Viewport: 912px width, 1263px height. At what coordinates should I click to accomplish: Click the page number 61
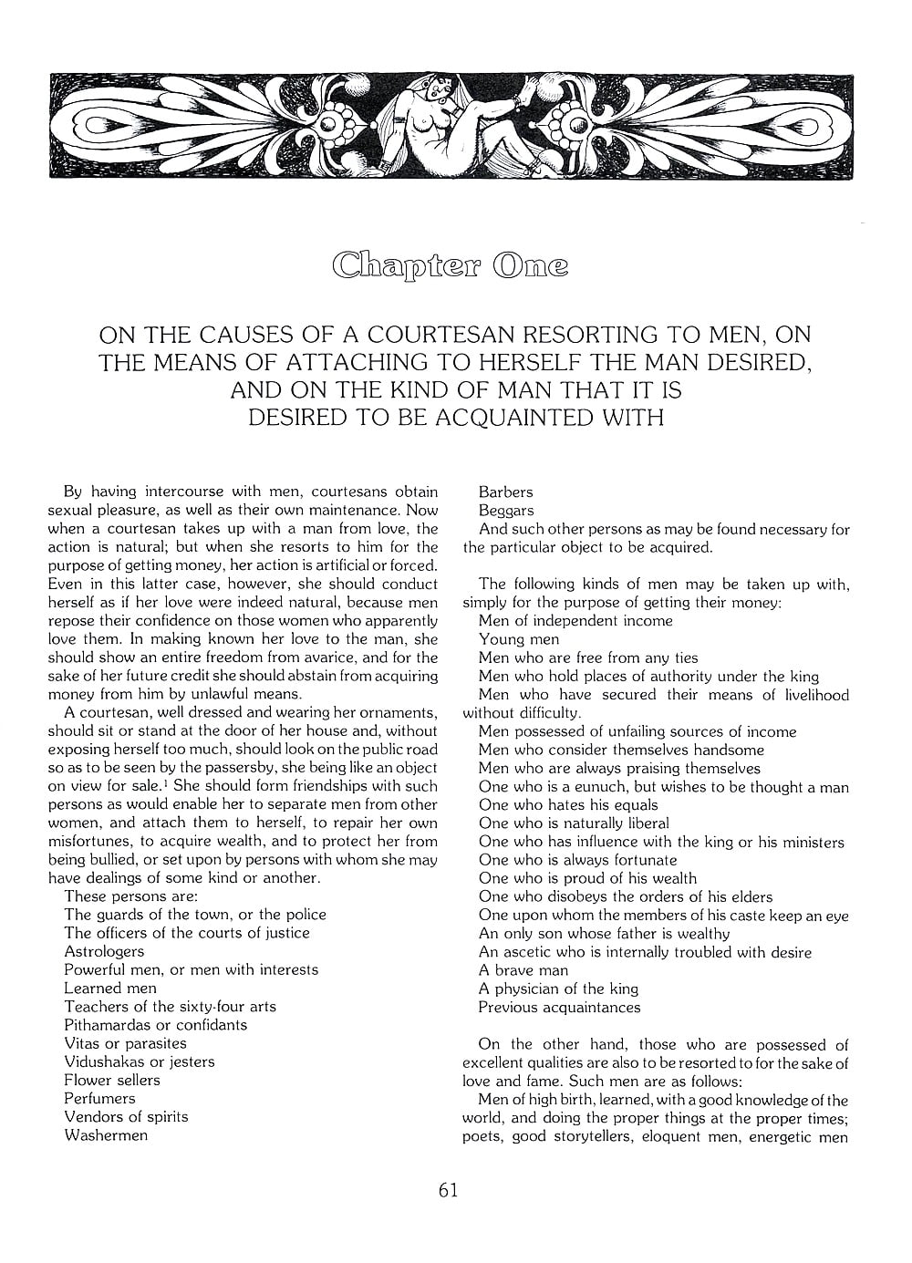point(448,1190)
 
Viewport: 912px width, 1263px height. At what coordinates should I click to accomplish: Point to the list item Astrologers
point(104,951)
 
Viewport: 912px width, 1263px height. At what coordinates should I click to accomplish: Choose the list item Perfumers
point(99,1098)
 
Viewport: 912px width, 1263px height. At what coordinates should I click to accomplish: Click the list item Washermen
point(106,1135)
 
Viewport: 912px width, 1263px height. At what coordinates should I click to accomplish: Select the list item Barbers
point(505,492)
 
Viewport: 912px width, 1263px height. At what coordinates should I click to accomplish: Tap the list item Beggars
point(506,511)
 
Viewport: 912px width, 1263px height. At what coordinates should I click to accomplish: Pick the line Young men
point(519,639)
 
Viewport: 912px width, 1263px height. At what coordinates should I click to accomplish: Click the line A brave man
point(523,970)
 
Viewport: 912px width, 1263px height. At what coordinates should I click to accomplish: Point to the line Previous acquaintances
point(559,1007)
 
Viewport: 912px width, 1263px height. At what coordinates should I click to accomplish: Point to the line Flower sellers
point(112,1080)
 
